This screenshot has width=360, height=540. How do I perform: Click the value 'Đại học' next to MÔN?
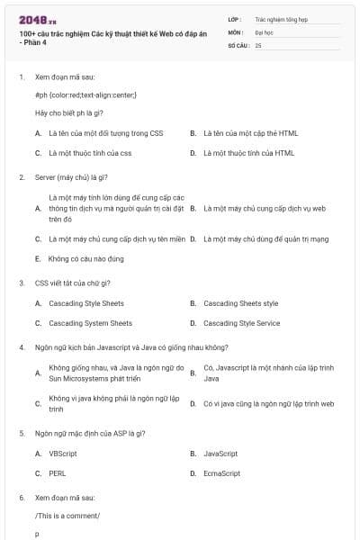pos(264,31)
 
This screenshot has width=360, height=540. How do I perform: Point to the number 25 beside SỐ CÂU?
pos(258,44)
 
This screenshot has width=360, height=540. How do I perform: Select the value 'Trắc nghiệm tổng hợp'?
pos(279,18)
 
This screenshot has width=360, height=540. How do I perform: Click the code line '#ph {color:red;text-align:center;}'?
pos(85,94)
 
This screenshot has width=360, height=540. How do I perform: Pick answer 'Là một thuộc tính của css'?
pos(90,153)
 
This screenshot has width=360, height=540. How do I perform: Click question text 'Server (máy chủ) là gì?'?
pos(71,177)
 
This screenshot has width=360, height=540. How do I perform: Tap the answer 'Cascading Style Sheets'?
pos(86,303)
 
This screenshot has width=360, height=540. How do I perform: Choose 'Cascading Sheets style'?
pos(241,303)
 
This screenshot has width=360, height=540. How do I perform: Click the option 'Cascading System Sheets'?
pos(90,323)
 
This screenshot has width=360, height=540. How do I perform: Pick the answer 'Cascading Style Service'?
pos(241,323)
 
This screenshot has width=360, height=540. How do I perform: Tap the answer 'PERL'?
pos(58,473)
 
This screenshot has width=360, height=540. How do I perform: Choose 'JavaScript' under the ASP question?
pos(220,454)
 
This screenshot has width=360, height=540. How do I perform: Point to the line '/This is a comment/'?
pos(67,516)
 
